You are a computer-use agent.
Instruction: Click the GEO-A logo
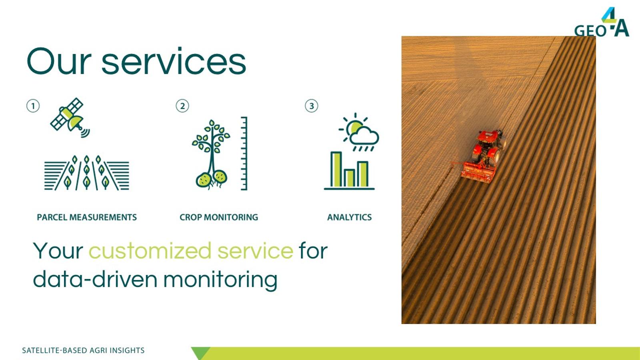[x=602, y=22]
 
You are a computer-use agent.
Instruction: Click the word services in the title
[x=174, y=61]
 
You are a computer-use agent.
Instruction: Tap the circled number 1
[x=33, y=106]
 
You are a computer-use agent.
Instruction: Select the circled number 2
[x=182, y=106]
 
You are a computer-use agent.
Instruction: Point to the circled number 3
[x=312, y=106]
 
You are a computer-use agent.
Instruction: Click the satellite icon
[x=70, y=118]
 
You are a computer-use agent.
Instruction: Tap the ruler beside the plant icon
[x=244, y=154]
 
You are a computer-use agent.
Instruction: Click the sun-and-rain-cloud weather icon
[x=359, y=132]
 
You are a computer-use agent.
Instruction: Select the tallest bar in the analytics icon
[x=336, y=169]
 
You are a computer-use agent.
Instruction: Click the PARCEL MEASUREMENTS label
[x=87, y=218]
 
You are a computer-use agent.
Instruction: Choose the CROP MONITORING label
[x=219, y=218]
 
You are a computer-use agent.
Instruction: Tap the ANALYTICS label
[x=350, y=218]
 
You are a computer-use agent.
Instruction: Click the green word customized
[x=150, y=250]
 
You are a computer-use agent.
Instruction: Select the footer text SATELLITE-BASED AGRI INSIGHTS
[x=83, y=350]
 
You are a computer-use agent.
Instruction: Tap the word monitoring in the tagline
[x=220, y=280]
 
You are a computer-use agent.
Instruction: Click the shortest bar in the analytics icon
[x=349, y=178]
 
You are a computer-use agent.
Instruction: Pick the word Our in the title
[x=59, y=61]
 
